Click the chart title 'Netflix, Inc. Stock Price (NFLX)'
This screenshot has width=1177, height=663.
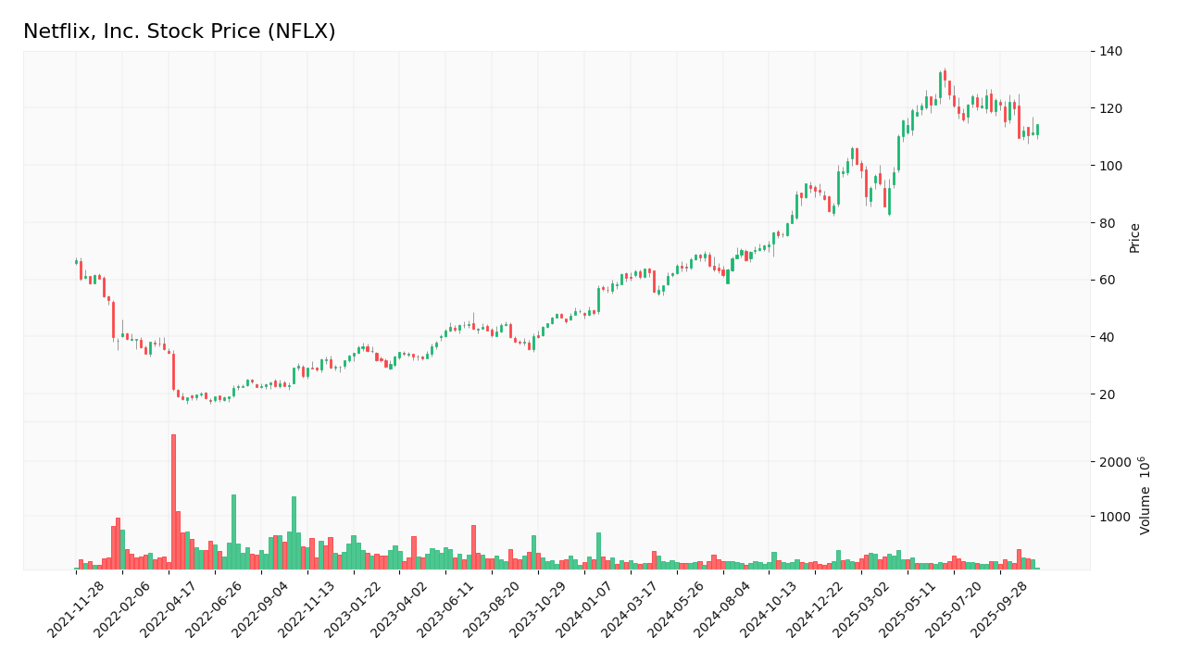tap(179, 32)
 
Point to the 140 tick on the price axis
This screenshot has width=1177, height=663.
tap(1109, 52)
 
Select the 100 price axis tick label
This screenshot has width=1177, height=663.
tap(1109, 166)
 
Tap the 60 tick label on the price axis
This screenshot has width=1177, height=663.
tap(1107, 280)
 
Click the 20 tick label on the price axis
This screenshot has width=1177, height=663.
tap(1107, 394)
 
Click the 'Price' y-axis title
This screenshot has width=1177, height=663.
tap(1134, 238)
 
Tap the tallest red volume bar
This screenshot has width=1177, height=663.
tap(173, 501)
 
